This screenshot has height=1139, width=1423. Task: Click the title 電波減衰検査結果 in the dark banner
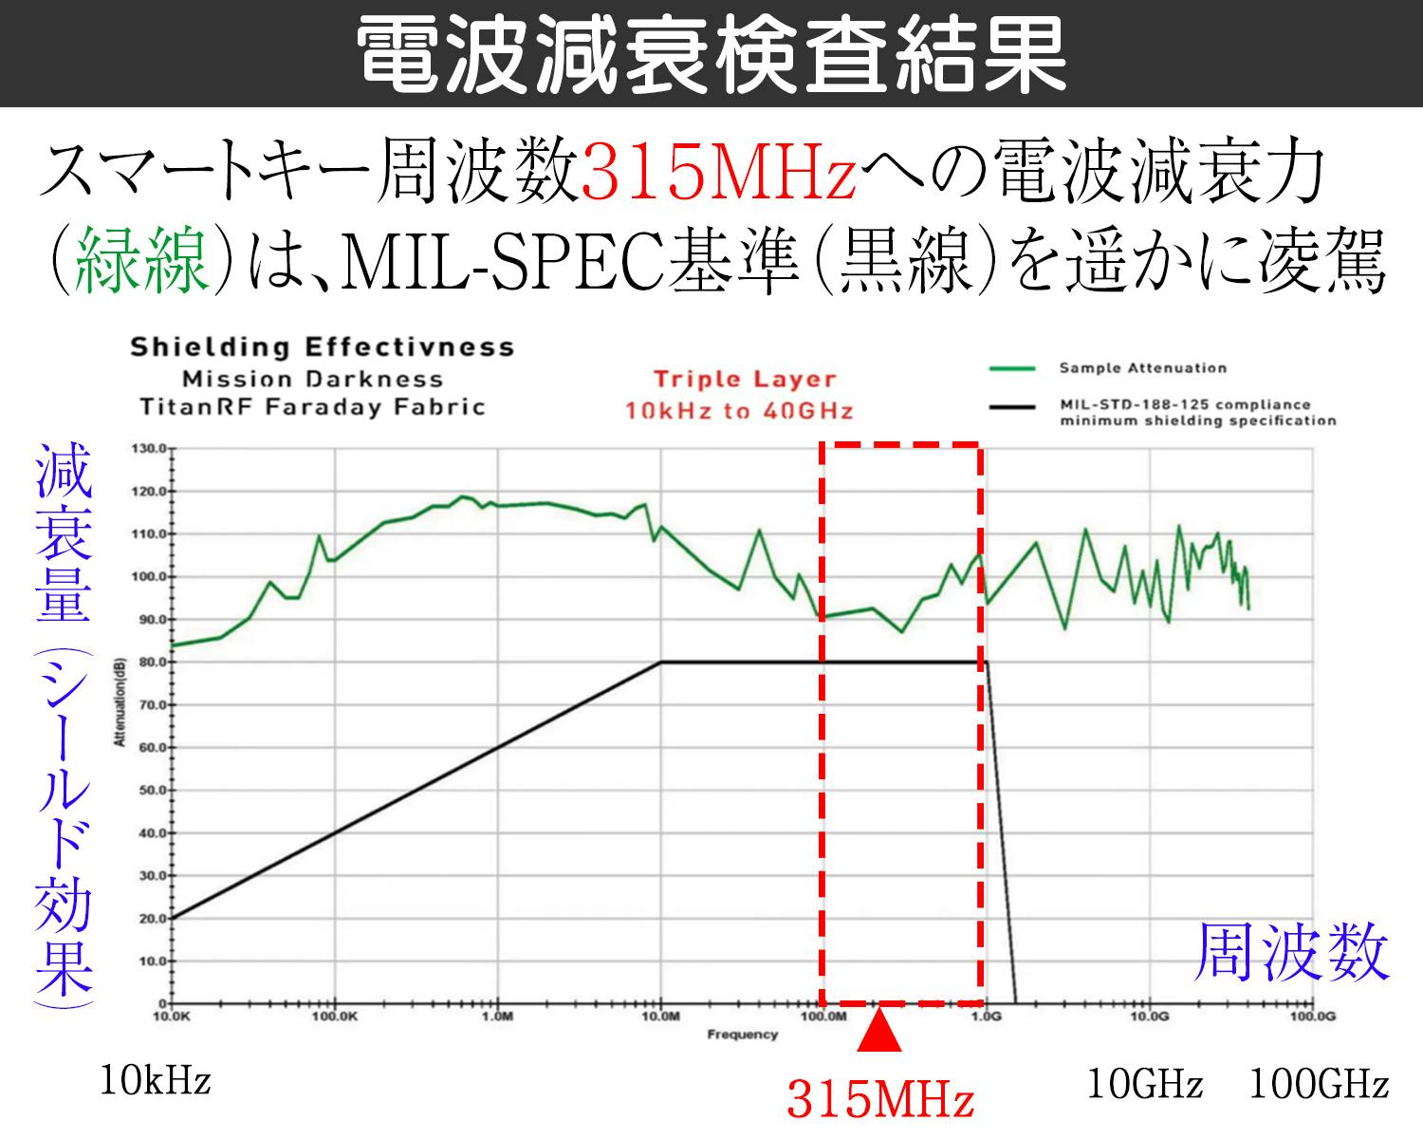(x=711, y=54)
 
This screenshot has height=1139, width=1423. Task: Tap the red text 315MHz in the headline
(x=719, y=176)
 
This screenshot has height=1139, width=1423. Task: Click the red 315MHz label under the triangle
(x=879, y=1100)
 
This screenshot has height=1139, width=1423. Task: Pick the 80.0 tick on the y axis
(x=151, y=662)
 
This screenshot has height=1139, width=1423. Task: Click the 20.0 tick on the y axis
(x=151, y=919)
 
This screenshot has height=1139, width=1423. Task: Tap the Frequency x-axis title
(x=742, y=1035)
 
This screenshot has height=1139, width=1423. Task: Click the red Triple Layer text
(x=744, y=380)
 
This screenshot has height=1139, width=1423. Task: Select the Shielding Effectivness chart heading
(x=322, y=347)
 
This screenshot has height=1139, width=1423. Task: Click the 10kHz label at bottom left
(x=155, y=1082)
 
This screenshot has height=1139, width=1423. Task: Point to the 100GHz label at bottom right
(x=1319, y=1084)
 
